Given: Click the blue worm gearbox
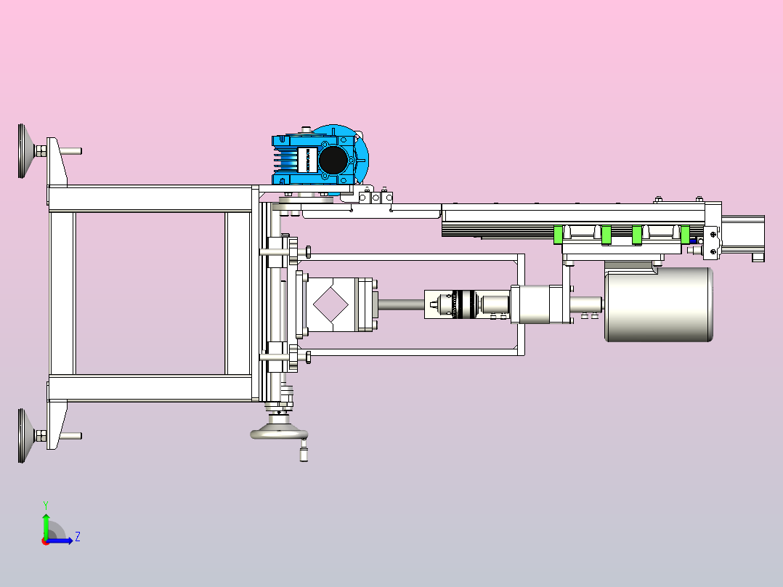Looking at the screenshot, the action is click(320, 160).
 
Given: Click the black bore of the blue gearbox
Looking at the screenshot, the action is click(333, 160).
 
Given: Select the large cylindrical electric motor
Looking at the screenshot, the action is click(659, 304).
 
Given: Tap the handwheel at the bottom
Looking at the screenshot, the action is click(279, 433).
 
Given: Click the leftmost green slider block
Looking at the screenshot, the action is click(558, 235).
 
